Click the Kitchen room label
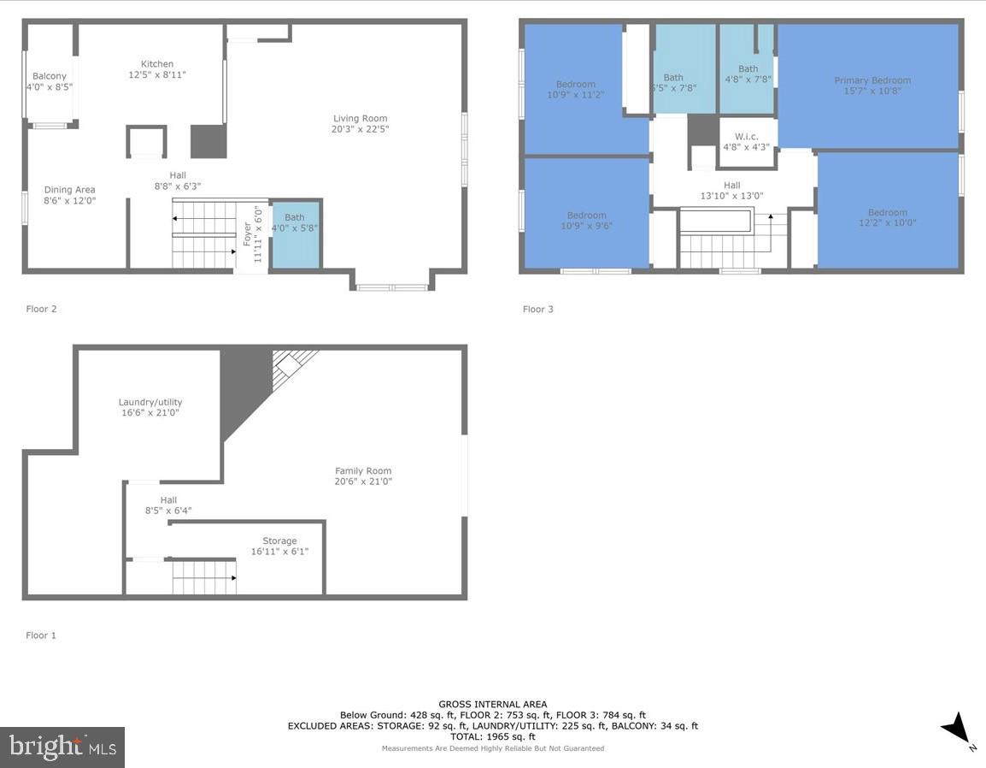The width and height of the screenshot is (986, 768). (157, 64)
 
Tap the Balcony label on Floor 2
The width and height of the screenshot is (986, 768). (50, 76)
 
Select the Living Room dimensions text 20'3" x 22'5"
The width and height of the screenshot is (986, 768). (361, 129)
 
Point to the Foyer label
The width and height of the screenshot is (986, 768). (247, 233)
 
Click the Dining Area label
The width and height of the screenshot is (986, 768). (70, 190)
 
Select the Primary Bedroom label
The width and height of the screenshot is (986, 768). (872, 80)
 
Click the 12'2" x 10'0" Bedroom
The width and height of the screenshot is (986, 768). (888, 218)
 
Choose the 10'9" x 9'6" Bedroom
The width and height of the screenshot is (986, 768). (587, 221)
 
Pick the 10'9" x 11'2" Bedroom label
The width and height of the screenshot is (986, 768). (576, 84)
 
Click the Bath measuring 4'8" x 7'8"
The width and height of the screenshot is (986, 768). (748, 74)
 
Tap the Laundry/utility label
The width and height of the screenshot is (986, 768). (150, 402)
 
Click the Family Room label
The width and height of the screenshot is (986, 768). (363, 471)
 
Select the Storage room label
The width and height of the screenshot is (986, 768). (280, 541)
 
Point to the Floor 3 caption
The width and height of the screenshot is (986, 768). (538, 309)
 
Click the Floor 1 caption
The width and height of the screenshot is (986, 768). (41, 635)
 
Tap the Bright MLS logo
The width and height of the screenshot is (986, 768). (62, 747)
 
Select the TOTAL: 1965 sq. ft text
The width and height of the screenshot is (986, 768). (493, 736)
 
